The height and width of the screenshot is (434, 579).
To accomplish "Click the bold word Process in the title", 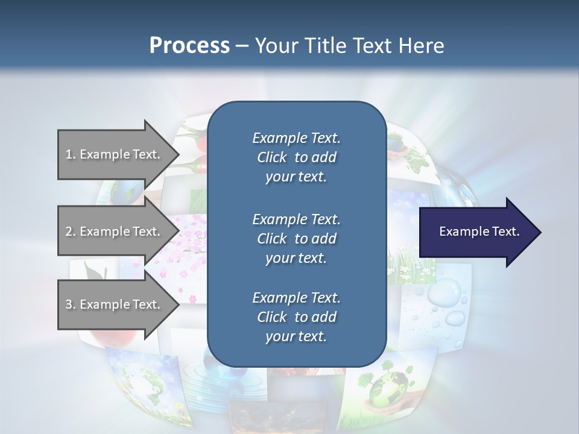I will pos(189,46).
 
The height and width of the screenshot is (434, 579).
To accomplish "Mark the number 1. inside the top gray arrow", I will pos(70,154).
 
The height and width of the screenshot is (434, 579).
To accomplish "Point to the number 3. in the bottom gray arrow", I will pos(70,304).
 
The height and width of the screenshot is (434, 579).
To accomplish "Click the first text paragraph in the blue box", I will pos(296,157).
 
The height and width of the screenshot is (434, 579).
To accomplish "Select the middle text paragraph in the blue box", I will pos(296,238).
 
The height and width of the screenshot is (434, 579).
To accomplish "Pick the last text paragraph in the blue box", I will pos(296,317).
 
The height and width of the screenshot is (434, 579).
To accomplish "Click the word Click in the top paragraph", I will pos(272,157).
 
